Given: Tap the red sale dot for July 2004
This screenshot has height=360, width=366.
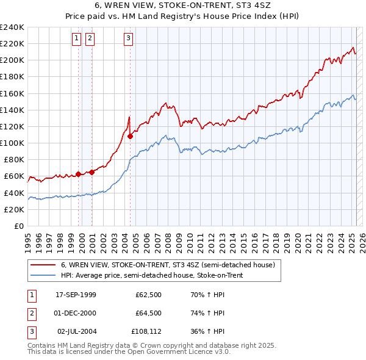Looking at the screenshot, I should click(x=131, y=137).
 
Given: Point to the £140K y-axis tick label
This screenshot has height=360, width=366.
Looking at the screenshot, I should click(x=12, y=110).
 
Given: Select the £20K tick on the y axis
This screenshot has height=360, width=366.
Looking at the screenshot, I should click(x=13, y=209).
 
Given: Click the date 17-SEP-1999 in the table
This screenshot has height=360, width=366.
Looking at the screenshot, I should click(x=76, y=295).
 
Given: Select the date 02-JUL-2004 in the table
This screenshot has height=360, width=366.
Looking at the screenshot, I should click(x=76, y=331).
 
